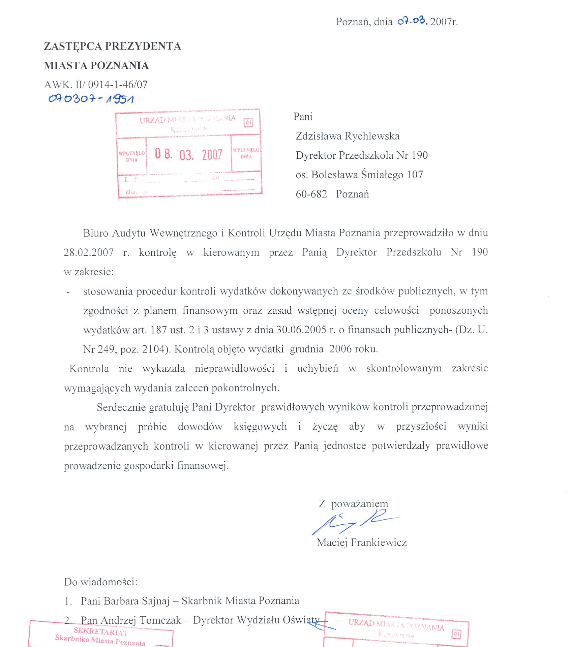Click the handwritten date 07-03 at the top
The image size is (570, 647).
[x=412, y=21]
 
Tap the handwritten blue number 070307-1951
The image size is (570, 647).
[x=91, y=99]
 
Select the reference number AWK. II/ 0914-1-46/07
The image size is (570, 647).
[x=96, y=85]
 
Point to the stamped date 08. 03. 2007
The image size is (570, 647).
[x=188, y=154]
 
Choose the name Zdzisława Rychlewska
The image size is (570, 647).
[x=348, y=136]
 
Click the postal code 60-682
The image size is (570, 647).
[x=311, y=194]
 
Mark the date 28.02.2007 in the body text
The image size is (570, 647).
[x=89, y=252]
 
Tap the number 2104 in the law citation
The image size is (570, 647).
[x=154, y=349]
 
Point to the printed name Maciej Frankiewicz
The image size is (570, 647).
[x=362, y=543]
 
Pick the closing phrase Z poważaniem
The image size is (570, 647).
[x=353, y=504]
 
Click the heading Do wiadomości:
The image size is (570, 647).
[x=101, y=582]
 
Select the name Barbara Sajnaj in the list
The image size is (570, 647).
[x=137, y=601]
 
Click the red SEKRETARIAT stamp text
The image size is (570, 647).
[x=100, y=631]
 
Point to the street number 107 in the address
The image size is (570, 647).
[x=415, y=175]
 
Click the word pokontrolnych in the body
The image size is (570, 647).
[x=245, y=388]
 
